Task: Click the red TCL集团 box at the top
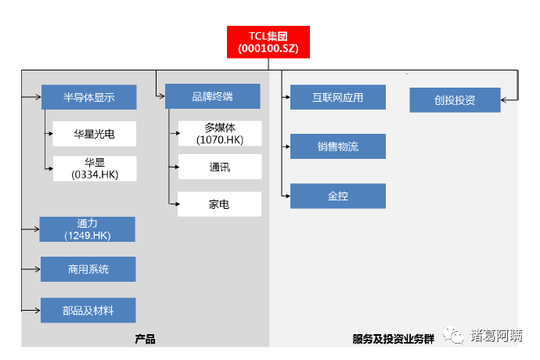(268, 41)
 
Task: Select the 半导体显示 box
(88, 97)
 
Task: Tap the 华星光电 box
(95, 134)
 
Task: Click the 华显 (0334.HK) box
(95, 168)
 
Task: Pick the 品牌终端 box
(212, 96)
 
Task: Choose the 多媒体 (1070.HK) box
(219, 133)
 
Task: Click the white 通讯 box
(219, 167)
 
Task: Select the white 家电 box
(219, 204)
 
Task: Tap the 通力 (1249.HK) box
(87, 229)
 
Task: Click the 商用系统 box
(88, 269)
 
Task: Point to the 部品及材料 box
(88, 311)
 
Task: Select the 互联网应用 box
(337, 97)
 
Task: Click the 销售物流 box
(337, 146)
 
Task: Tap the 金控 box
(337, 196)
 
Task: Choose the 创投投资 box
(455, 100)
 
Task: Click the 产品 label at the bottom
(145, 339)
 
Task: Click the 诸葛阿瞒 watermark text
(496, 336)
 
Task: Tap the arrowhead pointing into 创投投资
(505, 100)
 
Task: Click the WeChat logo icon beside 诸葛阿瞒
(454, 335)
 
